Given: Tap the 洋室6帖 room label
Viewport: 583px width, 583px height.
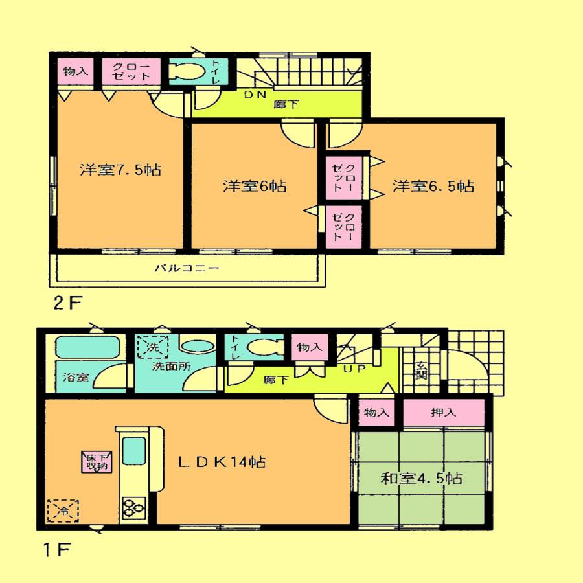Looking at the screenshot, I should coord(255,187).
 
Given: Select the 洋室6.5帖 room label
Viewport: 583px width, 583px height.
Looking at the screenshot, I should coord(433,187).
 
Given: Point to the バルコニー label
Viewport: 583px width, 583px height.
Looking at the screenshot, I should coord(187,268).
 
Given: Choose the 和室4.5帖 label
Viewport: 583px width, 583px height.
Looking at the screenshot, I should coord(421,479).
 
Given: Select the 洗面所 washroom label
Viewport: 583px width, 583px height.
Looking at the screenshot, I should coord(170,367).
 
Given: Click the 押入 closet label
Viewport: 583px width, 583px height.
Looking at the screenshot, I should coord(443,413).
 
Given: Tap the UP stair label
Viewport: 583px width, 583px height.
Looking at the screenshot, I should coord(352,369).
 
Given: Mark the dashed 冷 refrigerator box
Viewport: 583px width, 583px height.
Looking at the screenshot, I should coord(63,510).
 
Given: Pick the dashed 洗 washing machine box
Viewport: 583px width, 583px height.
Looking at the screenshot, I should coord(152,347).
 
